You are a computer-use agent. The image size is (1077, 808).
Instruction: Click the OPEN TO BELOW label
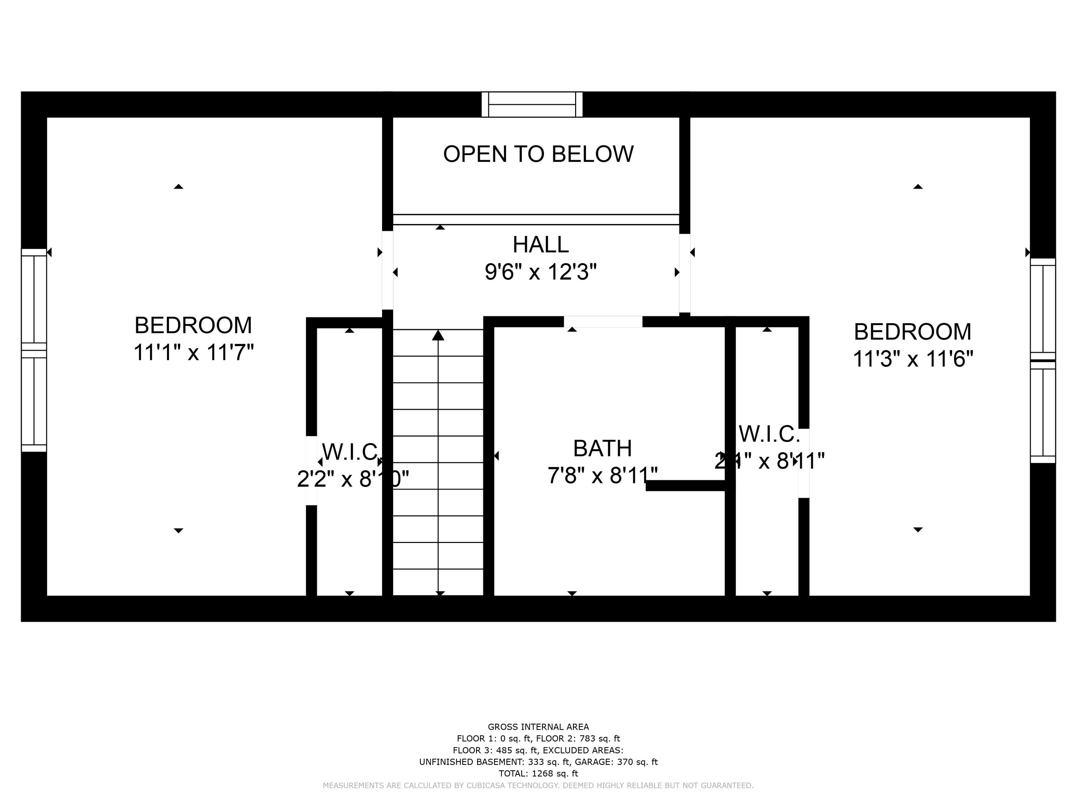[538, 154]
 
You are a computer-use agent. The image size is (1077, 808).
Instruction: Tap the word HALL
[540, 245]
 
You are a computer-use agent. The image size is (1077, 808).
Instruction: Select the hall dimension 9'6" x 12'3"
[540, 272]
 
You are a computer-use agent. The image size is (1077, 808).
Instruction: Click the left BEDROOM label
[193, 325]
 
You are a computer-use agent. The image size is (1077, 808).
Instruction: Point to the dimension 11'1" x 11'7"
[193, 353]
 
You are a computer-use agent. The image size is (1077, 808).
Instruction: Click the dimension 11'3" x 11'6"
[913, 359]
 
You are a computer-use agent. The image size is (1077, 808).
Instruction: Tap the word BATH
[602, 449]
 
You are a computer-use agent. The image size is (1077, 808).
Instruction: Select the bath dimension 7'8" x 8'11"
[602, 475]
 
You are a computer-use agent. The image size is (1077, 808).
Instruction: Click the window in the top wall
[532, 104]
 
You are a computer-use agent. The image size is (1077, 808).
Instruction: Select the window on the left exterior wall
[34, 350]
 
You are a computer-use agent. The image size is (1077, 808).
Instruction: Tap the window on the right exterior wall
[1043, 361]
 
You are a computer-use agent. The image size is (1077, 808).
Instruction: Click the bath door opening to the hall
[603, 322]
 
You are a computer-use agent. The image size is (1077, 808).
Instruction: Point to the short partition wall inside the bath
[686, 486]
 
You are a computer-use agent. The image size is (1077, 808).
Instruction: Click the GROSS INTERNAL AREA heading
[538, 727]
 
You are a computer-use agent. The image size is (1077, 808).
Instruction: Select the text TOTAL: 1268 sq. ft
[538, 774]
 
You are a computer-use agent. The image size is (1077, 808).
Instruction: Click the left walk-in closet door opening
[311, 470]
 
